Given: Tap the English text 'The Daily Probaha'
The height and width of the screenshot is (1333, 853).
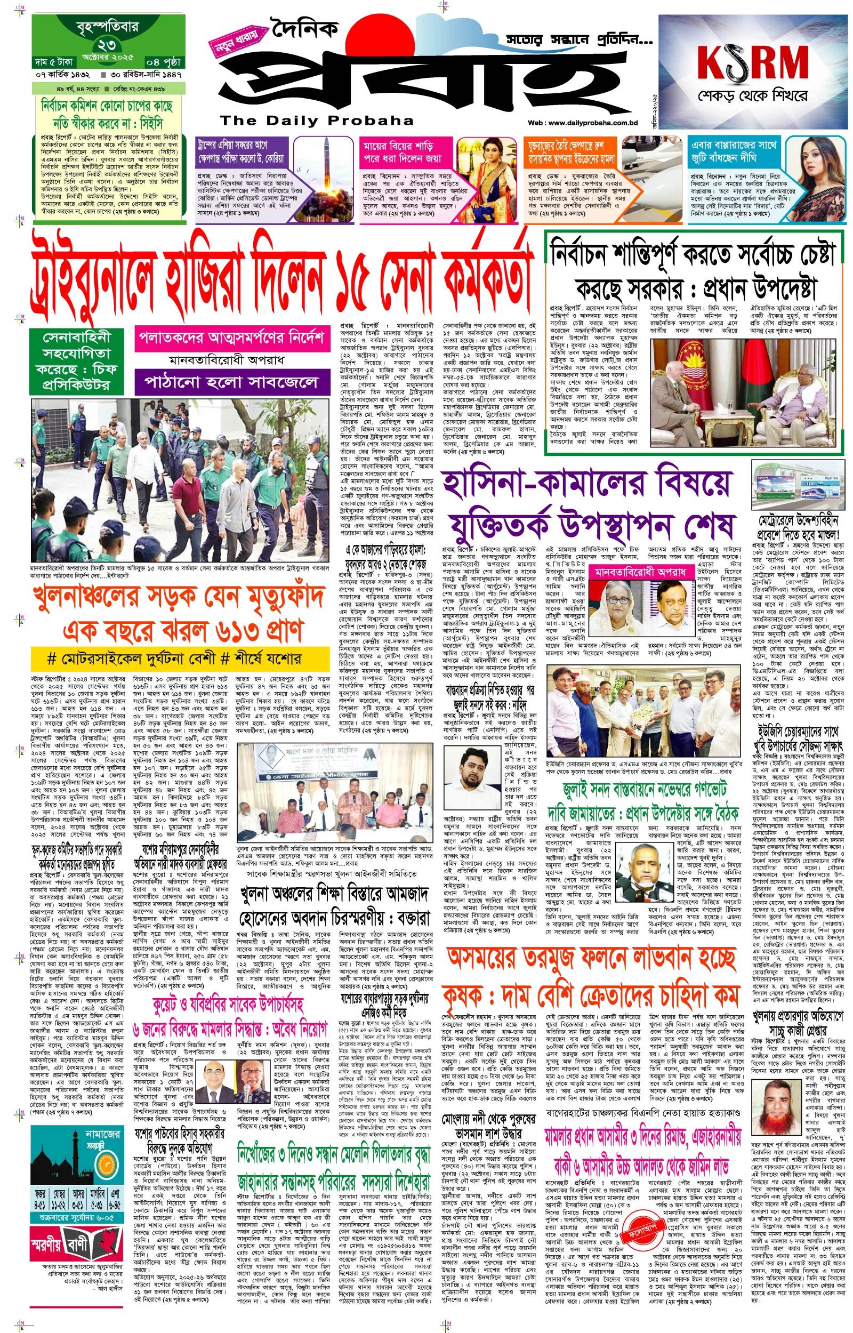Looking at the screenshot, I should [x=317, y=120].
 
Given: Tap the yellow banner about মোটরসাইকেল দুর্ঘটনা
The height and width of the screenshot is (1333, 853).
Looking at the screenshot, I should [x=174, y=658].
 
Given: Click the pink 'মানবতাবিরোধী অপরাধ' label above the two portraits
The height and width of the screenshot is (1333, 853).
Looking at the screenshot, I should [x=640, y=572].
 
